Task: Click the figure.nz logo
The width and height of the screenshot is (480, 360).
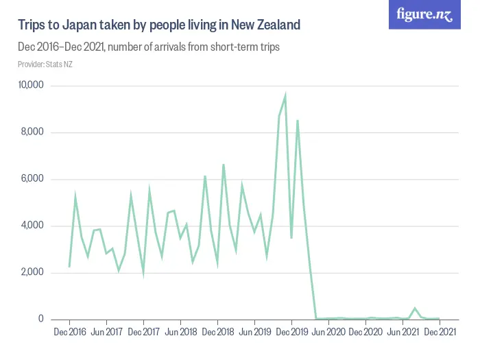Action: click(424, 14)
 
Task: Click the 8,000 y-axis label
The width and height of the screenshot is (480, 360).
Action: click(33, 132)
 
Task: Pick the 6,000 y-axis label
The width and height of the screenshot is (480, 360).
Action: click(33, 179)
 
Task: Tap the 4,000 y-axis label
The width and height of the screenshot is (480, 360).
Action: click(33, 226)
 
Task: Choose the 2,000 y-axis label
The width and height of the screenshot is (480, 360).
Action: click(33, 272)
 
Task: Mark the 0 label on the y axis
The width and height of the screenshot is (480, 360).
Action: click(41, 319)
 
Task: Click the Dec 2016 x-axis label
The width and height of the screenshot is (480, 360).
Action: click(70, 333)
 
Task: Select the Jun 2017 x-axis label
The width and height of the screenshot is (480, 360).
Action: click(107, 333)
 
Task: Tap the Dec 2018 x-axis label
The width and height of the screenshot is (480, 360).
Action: click(217, 333)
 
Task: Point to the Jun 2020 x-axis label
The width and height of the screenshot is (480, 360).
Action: click(328, 333)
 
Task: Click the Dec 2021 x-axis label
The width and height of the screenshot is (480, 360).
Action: click(439, 333)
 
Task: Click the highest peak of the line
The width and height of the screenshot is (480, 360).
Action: click(285, 95)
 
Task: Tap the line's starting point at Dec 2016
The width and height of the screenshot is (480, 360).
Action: click(69, 266)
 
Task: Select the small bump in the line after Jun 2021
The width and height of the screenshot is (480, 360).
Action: click(415, 309)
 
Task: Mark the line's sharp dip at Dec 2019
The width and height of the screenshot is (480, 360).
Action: click(291, 237)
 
